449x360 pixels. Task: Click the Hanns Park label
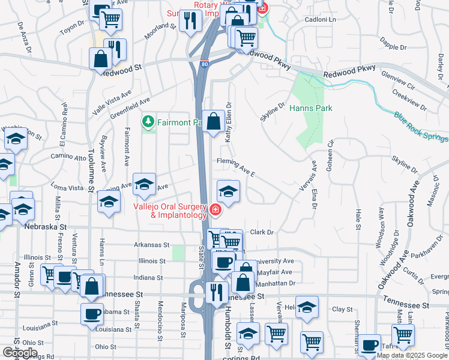(310, 109)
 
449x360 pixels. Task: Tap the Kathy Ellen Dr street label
(228, 122)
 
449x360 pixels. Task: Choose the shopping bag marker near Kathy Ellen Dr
(213, 121)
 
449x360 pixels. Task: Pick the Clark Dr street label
(262, 232)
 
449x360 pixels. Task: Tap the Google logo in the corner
(20, 353)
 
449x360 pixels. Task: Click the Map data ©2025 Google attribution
(412, 355)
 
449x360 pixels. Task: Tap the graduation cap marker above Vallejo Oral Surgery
(228, 191)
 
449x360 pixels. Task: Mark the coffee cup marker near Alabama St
(92, 314)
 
